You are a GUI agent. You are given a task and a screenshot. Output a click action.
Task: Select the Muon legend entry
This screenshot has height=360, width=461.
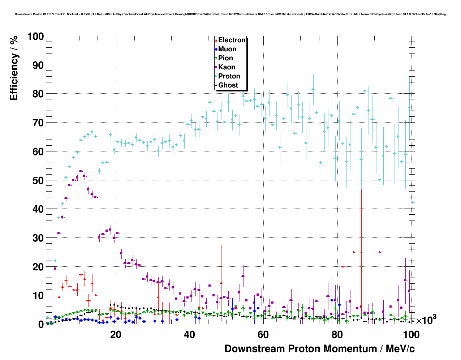[x=227, y=49]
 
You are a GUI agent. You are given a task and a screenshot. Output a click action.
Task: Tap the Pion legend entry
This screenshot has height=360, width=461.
[x=225, y=58]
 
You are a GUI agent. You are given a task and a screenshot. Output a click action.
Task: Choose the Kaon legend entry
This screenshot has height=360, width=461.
[x=227, y=67]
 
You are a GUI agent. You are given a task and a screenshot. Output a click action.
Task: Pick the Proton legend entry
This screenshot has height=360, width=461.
[x=229, y=76]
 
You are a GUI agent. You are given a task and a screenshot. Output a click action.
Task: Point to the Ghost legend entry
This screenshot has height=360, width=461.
[x=228, y=85]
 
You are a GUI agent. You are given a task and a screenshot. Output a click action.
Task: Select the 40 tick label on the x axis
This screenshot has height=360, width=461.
[x=189, y=335]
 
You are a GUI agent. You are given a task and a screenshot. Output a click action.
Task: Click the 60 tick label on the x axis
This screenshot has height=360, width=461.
[x=263, y=335]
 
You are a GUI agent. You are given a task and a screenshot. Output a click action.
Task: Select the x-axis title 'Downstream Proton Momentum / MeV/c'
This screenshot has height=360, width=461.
[x=319, y=349]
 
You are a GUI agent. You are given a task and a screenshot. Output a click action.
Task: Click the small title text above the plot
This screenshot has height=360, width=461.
[x=230, y=14]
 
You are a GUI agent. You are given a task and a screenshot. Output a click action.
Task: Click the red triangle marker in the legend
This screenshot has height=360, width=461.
[x=216, y=40]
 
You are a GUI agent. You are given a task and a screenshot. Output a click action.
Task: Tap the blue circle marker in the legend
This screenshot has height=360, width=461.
[x=216, y=50]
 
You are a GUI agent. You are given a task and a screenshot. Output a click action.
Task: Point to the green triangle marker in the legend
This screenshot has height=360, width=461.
[x=216, y=59]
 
